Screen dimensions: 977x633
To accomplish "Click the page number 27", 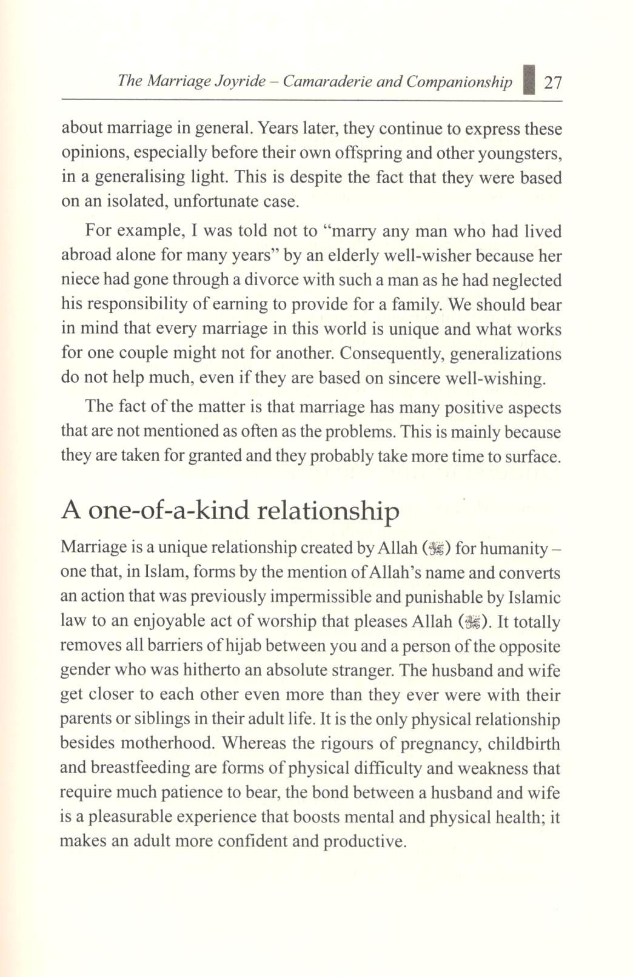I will coord(552,82).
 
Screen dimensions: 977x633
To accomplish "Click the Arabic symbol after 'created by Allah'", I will coord(436,549).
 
